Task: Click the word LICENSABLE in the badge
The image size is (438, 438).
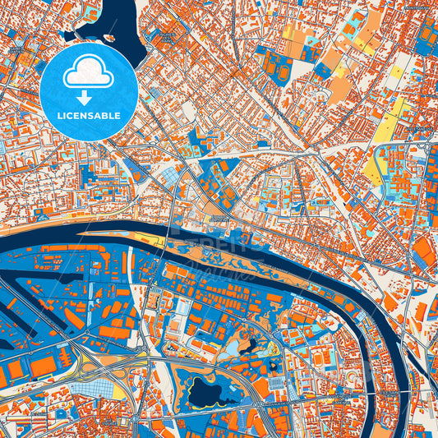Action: (90, 115)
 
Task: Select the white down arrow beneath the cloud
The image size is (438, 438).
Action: (90, 97)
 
